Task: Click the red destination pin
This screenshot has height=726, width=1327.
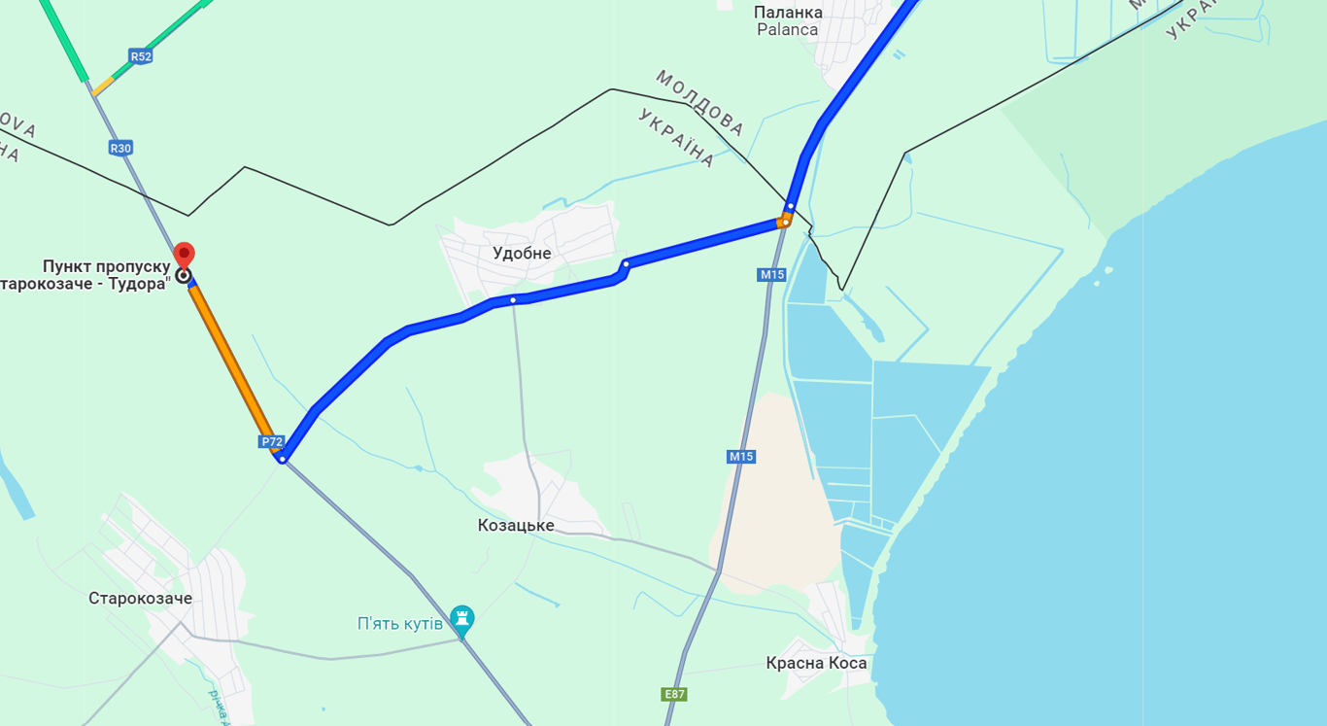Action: click(x=184, y=256)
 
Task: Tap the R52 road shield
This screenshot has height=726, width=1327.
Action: click(x=141, y=56)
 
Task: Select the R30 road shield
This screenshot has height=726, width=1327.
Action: click(x=120, y=148)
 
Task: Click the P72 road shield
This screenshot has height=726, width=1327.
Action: click(x=272, y=442)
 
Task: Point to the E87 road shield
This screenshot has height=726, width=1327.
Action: click(x=674, y=694)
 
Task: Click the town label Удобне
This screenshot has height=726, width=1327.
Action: click(x=522, y=254)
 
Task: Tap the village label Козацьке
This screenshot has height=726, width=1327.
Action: click(x=516, y=526)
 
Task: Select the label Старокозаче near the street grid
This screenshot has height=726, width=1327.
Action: click(x=140, y=599)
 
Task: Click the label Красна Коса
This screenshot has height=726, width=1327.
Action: click(x=816, y=664)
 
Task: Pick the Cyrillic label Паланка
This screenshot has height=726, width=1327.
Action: click(x=788, y=13)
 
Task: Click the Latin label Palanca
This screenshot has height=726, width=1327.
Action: click(x=788, y=29)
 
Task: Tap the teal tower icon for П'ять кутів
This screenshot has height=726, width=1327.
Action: click(x=462, y=620)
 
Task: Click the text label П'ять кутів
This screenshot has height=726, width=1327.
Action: click(x=400, y=624)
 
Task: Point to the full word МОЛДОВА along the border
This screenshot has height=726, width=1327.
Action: click(x=699, y=102)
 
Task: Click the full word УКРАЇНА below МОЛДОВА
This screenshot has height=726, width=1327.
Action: click(x=677, y=138)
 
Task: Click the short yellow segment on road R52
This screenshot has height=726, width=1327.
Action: click(x=104, y=86)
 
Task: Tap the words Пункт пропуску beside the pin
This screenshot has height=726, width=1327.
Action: click(x=106, y=266)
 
